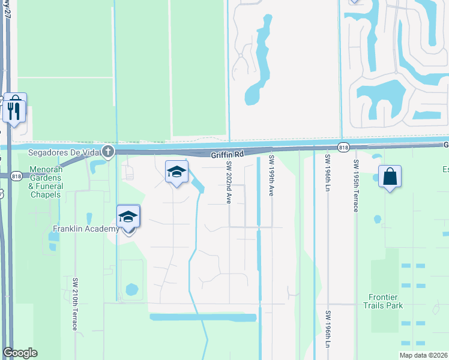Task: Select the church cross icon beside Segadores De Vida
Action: (107, 151)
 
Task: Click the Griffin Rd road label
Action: (227, 154)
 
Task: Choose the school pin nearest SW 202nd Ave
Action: (177, 173)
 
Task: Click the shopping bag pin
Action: (390, 177)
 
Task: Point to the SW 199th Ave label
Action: (271, 176)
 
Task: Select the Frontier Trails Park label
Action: (386, 301)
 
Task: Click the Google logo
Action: (20, 353)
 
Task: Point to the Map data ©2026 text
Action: (423, 355)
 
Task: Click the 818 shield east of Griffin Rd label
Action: (343, 147)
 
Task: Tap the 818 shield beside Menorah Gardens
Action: (16, 175)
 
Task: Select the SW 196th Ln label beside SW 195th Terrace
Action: (328, 175)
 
